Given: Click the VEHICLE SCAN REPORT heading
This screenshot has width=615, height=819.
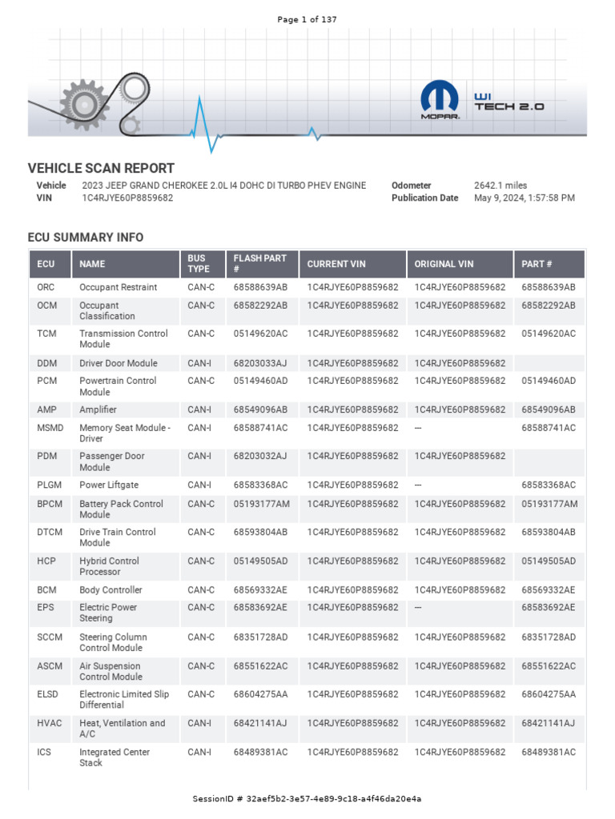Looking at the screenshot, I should click(101, 168).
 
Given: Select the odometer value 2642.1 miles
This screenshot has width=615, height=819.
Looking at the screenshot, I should click(500, 186).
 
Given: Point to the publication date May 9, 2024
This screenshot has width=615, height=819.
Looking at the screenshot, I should click(524, 198).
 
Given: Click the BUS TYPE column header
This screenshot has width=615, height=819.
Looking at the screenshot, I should click(198, 263).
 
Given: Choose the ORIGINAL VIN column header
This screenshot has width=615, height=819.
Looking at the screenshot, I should click(444, 264).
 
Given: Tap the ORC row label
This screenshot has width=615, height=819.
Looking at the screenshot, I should click(46, 287).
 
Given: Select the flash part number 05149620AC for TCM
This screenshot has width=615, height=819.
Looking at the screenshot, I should click(260, 334).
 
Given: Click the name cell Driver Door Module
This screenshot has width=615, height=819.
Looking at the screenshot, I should click(119, 363).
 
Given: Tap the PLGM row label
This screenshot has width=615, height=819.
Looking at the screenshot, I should click(49, 485).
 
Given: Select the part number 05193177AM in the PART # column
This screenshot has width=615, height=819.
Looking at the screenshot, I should click(549, 504).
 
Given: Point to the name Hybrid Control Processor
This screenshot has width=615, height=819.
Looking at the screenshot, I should click(110, 566).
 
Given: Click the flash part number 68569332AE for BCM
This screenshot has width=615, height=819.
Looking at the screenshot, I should click(260, 590).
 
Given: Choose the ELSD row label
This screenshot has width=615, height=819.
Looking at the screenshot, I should click(48, 694).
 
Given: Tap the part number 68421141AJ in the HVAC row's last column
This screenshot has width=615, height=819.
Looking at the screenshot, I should click(549, 723).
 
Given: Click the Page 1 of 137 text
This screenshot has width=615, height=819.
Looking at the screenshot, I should click(307, 19).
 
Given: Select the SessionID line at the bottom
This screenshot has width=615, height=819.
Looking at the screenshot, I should click(307, 799).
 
